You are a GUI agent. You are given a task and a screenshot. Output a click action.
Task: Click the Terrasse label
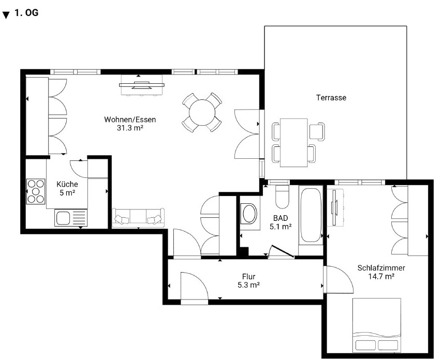[331, 98]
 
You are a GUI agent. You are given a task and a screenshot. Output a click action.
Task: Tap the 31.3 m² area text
[130, 128]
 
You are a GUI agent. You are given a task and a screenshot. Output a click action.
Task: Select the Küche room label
[67, 184]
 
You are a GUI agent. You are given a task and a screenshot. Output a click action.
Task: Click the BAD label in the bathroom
[280, 218]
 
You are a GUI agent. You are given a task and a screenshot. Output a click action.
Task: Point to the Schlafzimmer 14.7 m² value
[381, 276]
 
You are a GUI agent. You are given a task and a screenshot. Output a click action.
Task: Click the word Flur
[248, 276]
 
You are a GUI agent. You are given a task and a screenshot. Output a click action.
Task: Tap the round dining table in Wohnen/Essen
[202, 112]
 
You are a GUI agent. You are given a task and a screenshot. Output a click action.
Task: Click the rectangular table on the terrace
[294, 143]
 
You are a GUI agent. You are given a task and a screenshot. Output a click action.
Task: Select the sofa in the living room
[138, 218]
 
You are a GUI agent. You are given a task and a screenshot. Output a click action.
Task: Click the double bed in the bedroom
[377, 325]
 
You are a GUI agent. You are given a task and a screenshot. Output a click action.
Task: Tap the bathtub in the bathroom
[311, 215]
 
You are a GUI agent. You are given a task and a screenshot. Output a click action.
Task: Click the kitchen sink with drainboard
[71, 218]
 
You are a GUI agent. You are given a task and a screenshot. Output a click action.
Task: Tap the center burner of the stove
[36, 191]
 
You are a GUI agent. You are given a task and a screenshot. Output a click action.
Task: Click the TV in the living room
[142, 85]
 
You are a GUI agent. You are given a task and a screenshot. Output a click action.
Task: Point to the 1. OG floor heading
[26, 13]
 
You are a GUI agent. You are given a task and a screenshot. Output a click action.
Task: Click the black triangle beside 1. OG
[6, 15]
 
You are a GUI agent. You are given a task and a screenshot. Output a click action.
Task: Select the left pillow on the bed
[365, 345]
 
